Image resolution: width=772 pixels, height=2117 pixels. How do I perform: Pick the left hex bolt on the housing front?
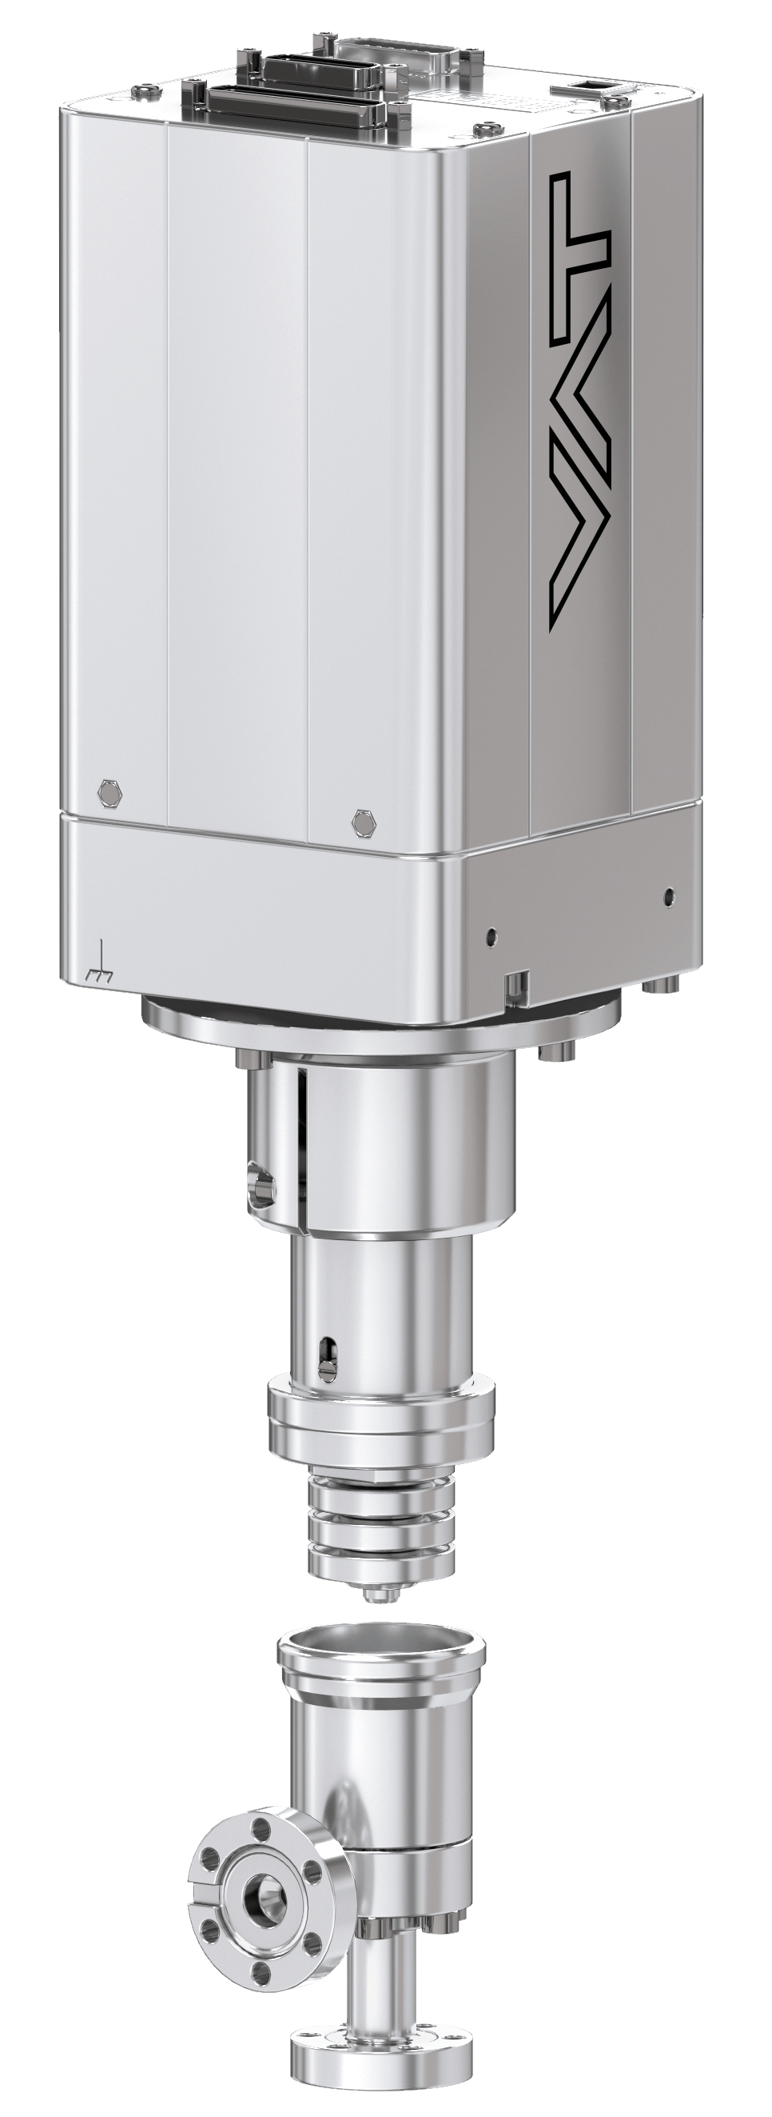(109, 792)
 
